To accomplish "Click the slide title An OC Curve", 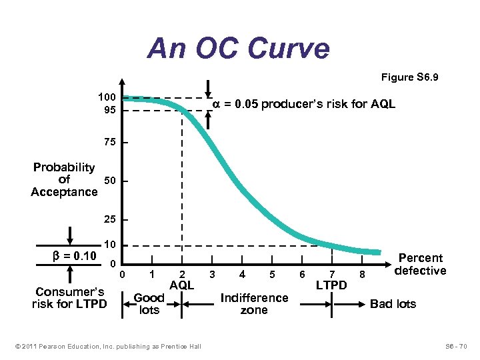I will tap(239, 48).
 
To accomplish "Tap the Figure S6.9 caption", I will tap(409, 78).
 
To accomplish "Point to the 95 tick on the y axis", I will tap(109, 110).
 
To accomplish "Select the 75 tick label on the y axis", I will tap(109, 143).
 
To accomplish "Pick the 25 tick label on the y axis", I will tap(109, 219).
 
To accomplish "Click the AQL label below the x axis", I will tap(181, 285).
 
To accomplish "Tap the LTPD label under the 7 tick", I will tap(331, 285).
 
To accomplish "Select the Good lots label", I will tap(149, 304).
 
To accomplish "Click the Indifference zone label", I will tap(254, 304).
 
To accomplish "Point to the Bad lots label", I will tap(393, 304).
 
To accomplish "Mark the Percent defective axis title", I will tap(420, 264).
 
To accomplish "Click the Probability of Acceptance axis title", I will tap(64, 180).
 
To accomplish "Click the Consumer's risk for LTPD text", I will tap(69, 298).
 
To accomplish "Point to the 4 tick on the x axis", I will tap(242, 274).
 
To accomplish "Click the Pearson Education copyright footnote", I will tap(107, 346).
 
